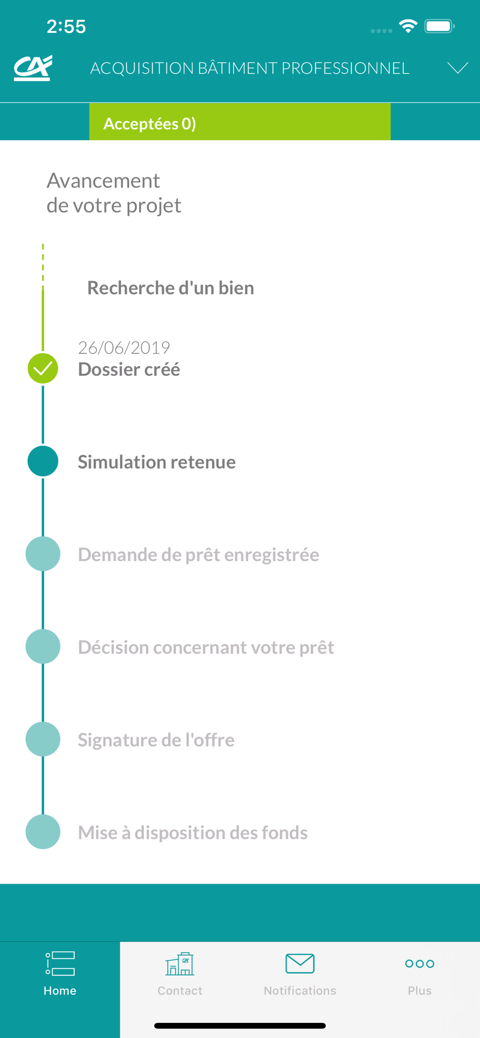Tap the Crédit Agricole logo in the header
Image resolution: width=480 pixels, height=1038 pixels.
click(33, 68)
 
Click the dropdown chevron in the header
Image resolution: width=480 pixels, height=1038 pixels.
click(458, 68)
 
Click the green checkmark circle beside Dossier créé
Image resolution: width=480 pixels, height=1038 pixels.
click(43, 368)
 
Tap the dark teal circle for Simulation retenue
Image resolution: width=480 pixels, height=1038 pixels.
click(43, 461)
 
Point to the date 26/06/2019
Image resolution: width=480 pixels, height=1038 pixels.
click(124, 347)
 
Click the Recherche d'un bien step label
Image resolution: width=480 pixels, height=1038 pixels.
click(170, 288)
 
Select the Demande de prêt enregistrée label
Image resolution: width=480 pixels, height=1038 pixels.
click(198, 555)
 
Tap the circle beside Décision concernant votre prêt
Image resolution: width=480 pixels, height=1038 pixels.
click(43, 646)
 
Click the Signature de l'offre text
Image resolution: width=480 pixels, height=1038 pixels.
click(156, 740)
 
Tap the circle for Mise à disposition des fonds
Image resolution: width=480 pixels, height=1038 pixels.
click(43, 831)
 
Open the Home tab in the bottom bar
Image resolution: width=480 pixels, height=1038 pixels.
click(60, 974)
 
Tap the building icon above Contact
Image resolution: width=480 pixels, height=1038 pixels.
click(180, 964)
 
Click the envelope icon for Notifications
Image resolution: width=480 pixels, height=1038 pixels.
click(300, 964)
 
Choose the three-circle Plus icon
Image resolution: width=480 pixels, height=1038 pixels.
click(420, 964)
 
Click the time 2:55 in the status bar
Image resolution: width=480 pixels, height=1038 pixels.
click(66, 26)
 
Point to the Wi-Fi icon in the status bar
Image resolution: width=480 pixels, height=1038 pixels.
click(408, 26)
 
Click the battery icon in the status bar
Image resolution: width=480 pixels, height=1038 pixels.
click(439, 26)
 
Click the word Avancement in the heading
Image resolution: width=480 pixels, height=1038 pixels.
click(103, 181)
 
